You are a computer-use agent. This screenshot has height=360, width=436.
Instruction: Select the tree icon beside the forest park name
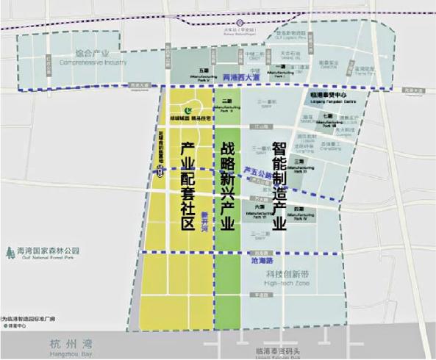coord(9,253)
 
